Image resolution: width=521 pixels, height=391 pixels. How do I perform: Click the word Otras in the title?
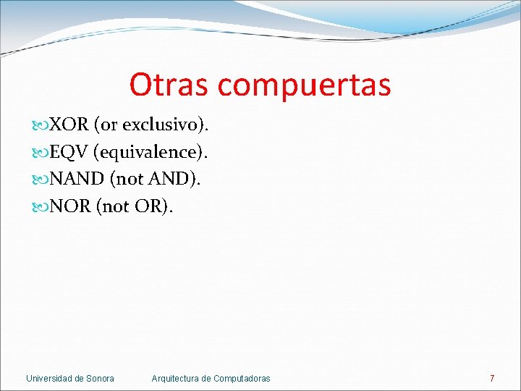tap(169, 84)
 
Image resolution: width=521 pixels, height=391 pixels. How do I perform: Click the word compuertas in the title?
tap(304, 85)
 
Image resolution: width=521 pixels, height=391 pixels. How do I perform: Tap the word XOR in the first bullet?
tap(69, 125)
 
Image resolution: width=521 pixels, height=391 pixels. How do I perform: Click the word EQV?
tap(69, 152)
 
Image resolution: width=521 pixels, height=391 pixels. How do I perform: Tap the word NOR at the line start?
tap(69, 206)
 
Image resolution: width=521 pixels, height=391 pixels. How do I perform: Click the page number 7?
tap(492, 378)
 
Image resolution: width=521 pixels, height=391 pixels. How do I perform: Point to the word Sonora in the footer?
tap(100, 378)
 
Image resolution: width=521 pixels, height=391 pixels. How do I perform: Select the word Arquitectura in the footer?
tap(176, 378)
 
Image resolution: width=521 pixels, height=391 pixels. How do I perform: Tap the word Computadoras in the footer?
tap(242, 378)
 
